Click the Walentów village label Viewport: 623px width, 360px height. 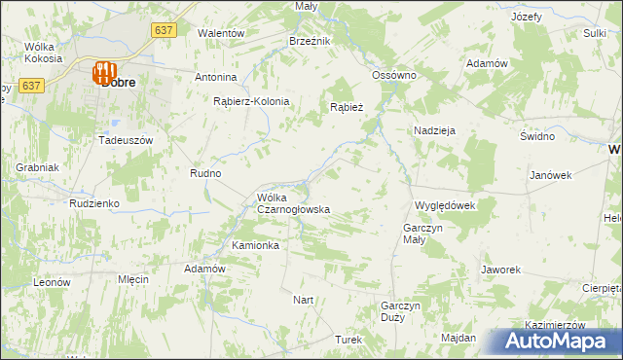[x=220, y=32]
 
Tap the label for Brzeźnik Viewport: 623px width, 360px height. [x=311, y=41]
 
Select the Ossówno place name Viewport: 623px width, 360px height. [x=394, y=75]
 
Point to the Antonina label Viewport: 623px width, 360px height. [x=216, y=77]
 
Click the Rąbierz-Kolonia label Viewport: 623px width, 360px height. [x=251, y=101]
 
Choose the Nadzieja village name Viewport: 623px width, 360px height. [x=434, y=129]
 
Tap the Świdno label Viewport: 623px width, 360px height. [x=536, y=136]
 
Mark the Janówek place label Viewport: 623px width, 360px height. [x=550, y=175]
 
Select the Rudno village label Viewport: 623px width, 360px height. [x=205, y=173]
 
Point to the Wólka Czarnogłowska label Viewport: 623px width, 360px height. [x=293, y=203]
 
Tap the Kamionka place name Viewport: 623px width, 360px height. [x=255, y=245]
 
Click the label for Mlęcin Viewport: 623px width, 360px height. [x=132, y=278]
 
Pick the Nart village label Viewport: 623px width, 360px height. [x=304, y=300]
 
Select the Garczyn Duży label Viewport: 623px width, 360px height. [x=400, y=311]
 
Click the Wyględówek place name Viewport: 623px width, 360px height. [x=444, y=206]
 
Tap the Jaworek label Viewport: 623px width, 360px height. [x=501, y=269]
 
